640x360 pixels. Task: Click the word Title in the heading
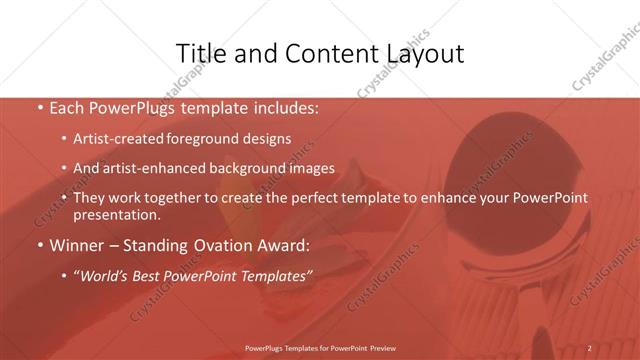(199, 53)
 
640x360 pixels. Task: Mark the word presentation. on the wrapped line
(116, 214)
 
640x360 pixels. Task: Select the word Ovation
(230, 245)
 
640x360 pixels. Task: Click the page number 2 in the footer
(589, 348)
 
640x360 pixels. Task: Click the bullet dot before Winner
(40, 245)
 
